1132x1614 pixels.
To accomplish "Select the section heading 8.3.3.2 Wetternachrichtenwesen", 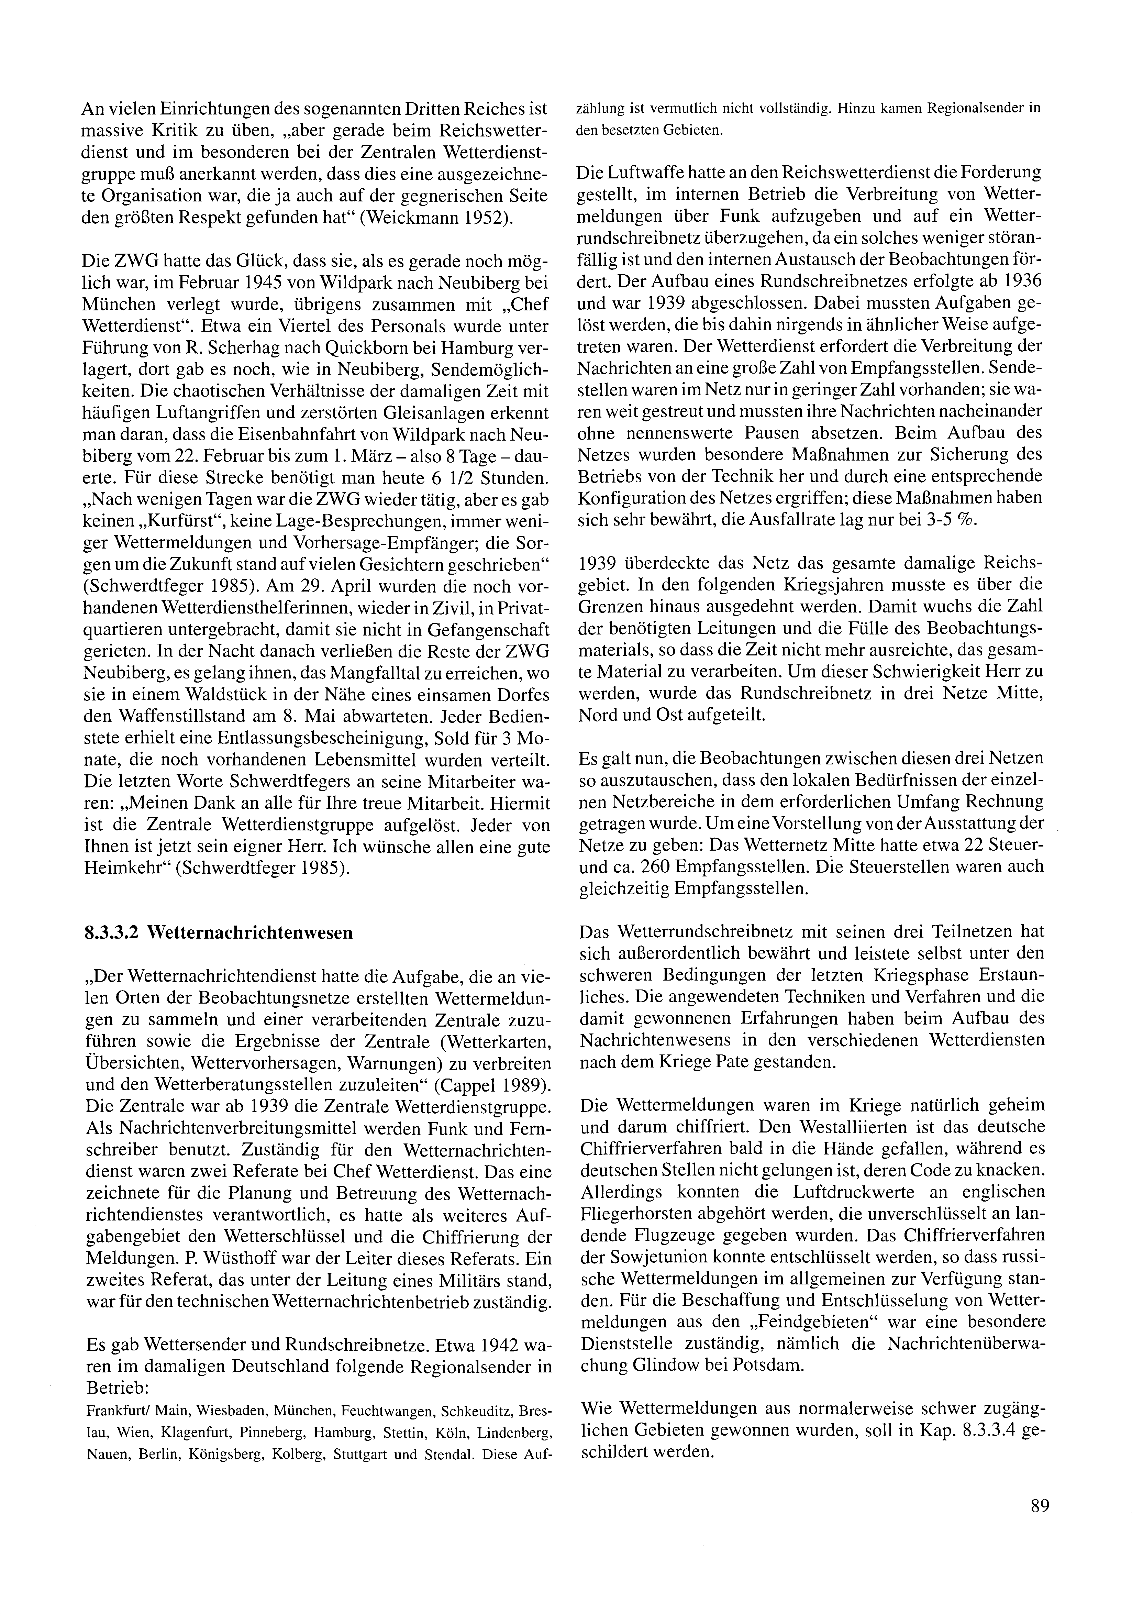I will click(218, 933).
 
